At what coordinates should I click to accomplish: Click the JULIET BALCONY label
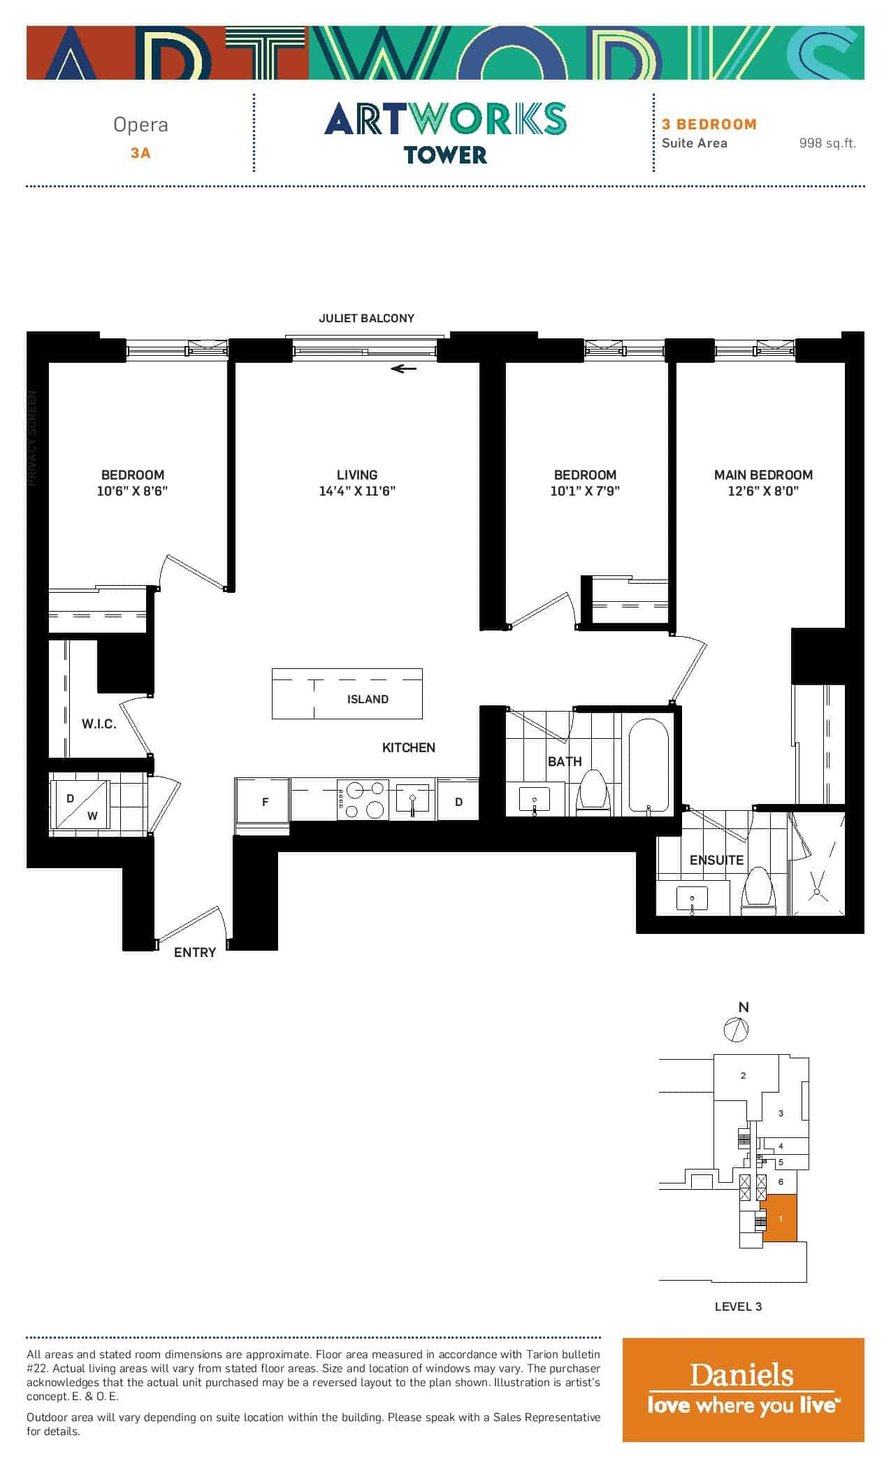[366, 318]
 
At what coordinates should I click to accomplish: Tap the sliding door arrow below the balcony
[403, 368]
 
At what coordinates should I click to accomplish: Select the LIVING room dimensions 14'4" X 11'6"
[357, 491]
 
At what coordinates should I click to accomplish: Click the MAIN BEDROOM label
[763, 475]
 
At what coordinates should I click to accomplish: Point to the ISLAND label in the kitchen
[368, 699]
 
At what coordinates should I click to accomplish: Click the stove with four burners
[363, 799]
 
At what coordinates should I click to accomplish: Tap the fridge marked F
[263, 802]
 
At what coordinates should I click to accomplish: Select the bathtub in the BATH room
[649, 765]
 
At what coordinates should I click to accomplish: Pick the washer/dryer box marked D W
[80, 803]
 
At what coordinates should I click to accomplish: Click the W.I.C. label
[99, 724]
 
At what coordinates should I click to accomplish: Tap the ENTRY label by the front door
[195, 952]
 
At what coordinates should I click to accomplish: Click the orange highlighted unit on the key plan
[779, 1218]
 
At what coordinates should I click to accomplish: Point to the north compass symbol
[736, 1029]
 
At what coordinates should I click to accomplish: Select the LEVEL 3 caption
[738, 1306]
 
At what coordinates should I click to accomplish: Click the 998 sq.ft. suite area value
[827, 143]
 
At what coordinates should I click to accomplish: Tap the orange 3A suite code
[140, 153]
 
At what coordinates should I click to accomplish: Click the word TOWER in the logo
[445, 154]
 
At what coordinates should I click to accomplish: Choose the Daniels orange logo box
[744, 1390]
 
